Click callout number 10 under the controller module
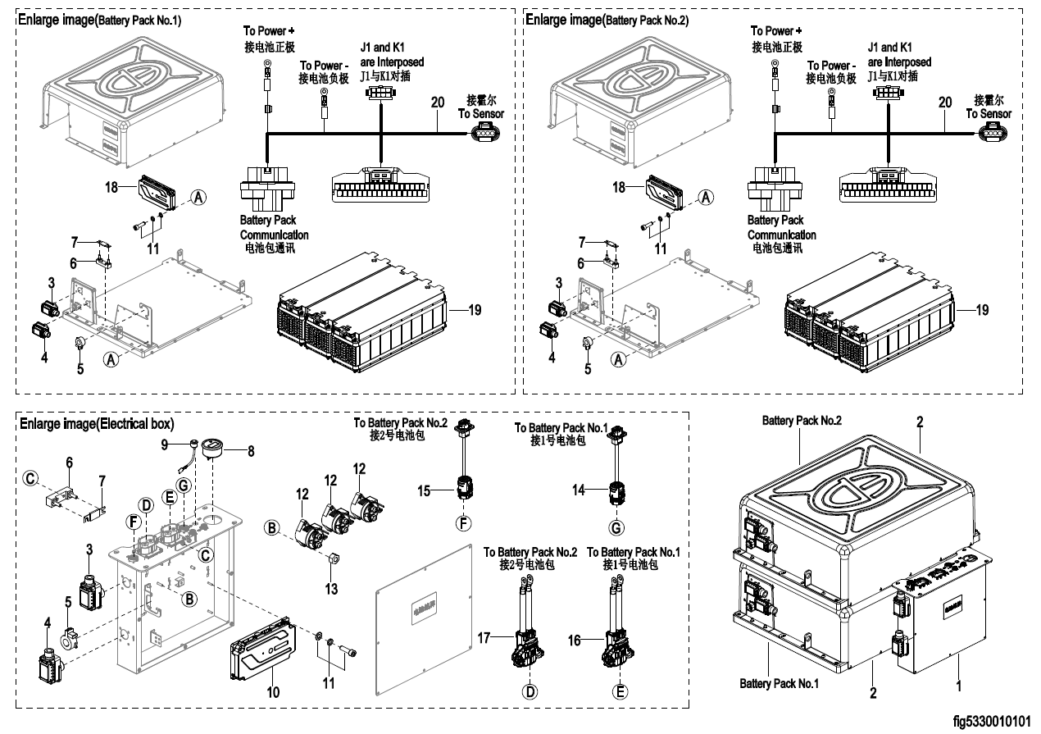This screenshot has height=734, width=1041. point(274,692)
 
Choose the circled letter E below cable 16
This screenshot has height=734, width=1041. point(621,691)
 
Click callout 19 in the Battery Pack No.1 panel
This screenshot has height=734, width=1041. point(475,310)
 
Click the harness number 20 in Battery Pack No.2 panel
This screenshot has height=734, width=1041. point(945,103)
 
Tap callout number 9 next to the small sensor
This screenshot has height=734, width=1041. point(164,445)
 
